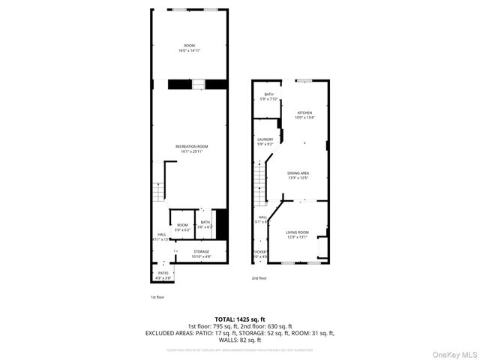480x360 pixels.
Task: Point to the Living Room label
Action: tap(297, 235)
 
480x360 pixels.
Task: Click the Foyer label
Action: tap(259, 253)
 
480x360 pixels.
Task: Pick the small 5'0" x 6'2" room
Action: tap(182, 226)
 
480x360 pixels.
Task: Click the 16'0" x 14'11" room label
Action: tap(189, 48)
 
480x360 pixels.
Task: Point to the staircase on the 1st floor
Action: tap(159, 191)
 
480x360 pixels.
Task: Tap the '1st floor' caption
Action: tap(157, 297)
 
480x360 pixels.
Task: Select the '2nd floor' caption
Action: tap(259, 277)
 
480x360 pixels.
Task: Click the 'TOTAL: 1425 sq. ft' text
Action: tap(239, 319)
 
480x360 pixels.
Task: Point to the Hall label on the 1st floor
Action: tap(162, 235)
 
